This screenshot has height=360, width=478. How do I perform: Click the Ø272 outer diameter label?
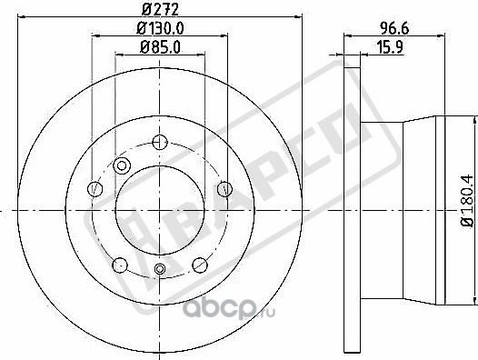tap(159, 11)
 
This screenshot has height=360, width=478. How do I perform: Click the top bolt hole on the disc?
tap(160, 142)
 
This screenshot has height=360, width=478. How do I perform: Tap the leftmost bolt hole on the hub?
tap(94, 188)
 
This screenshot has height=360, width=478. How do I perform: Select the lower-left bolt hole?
tap(117, 265)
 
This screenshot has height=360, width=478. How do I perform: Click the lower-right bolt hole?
tap(202, 265)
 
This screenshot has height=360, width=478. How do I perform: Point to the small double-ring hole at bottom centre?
tap(160, 267)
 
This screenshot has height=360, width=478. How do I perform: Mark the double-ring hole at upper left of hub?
tap(122, 165)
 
